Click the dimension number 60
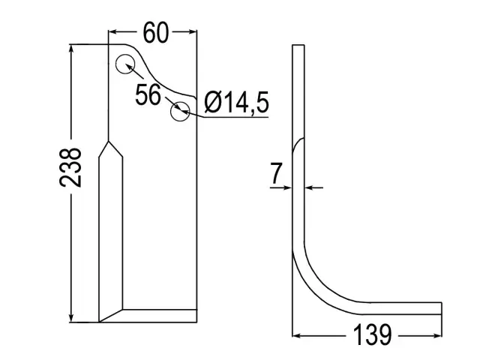156,32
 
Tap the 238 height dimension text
70,167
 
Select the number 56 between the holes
148,94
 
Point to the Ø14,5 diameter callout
237,102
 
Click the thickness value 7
276,173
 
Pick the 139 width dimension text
372,334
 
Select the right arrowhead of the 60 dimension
192,31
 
